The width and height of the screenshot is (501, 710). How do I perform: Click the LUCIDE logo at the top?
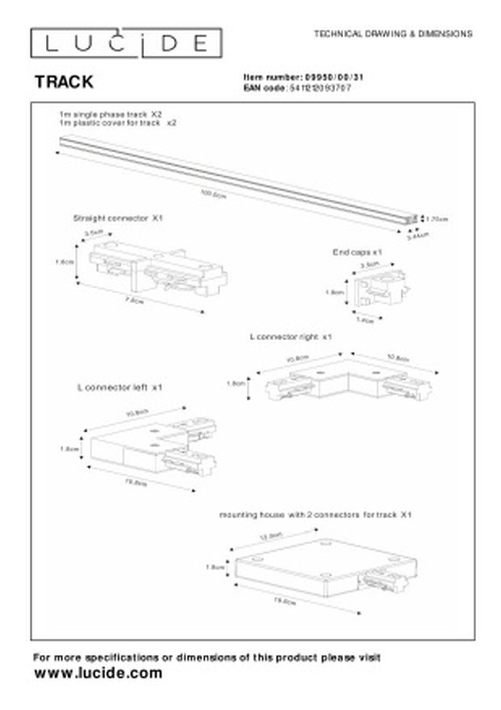coord(126,43)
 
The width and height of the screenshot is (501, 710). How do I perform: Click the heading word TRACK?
coord(64,81)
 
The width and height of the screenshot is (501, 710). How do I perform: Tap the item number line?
coord(303,77)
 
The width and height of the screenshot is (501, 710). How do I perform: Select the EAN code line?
coord(297,88)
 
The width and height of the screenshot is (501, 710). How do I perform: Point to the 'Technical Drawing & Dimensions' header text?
coord(393,34)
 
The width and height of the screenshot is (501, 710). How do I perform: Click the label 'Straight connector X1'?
coord(118,219)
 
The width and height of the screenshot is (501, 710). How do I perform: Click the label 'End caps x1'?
coord(358,252)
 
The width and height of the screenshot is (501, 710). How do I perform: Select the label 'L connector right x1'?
coord(291,337)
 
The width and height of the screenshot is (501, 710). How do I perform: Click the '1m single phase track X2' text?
coord(110,115)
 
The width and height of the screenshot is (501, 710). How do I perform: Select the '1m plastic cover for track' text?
coord(117,123)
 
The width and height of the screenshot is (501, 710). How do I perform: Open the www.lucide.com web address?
coord(98,674)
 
